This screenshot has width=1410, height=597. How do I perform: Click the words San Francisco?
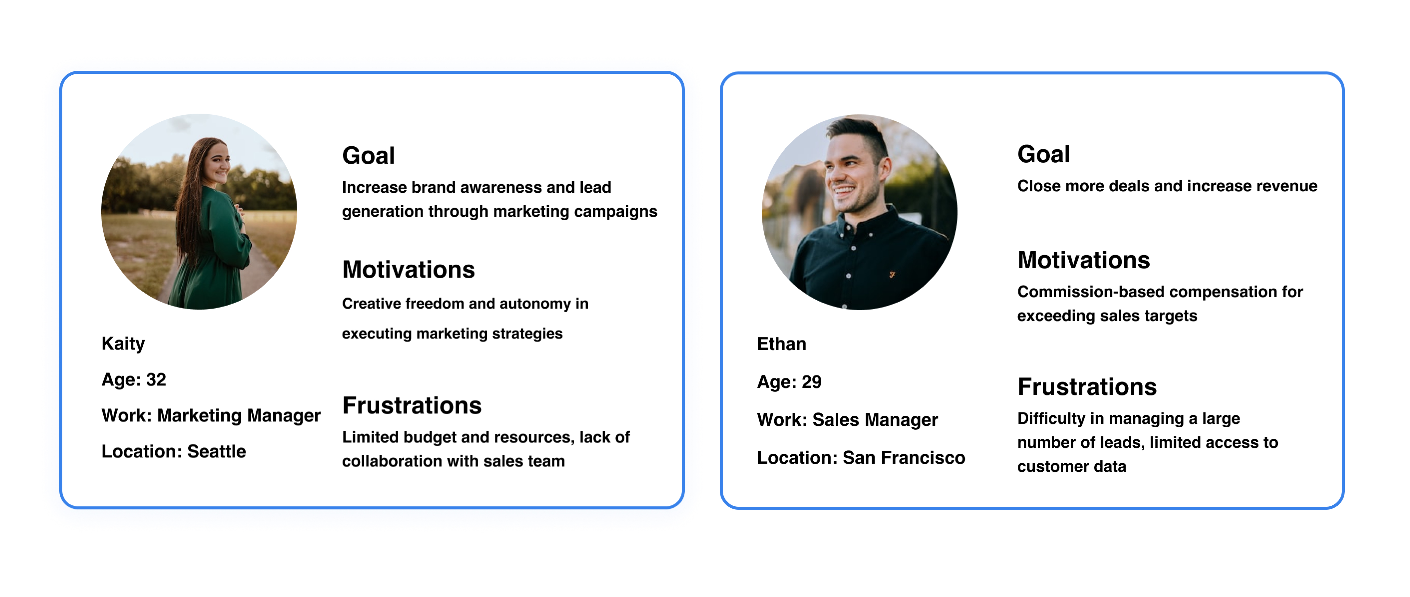coord(904,457)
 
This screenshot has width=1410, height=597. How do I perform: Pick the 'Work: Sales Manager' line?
coord(847,420)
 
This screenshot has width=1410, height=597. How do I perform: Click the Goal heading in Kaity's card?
coord(368,155)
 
